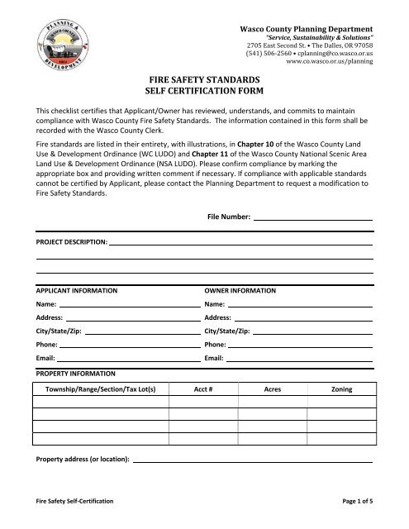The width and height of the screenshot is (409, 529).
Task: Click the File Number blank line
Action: (x=312, y=218)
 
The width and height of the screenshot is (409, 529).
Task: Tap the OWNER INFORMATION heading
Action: (x=240, y=292)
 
